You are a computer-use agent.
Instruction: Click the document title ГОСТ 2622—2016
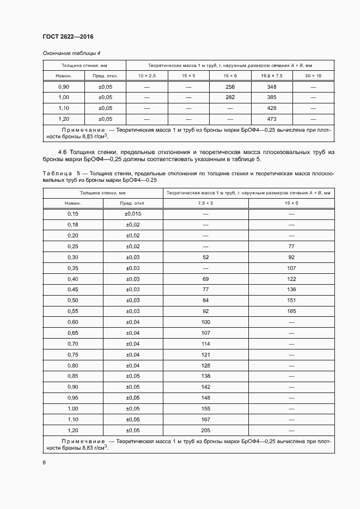68,36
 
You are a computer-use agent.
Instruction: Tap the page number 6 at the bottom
44,462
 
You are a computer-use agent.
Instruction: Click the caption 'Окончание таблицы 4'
71,53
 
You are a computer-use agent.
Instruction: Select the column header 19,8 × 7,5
272,76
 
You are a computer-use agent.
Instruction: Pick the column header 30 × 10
313,76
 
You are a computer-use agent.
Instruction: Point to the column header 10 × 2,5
147,76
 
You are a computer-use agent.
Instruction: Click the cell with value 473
272,119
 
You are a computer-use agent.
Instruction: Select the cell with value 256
230,87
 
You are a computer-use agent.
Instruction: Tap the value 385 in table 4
272,97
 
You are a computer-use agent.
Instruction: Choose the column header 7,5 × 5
205,203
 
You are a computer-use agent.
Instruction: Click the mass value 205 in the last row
205,430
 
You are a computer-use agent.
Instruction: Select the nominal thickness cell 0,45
73,289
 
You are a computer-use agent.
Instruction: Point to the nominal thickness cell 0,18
73,224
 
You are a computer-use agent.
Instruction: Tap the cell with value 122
291,278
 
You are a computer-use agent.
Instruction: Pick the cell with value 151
291,300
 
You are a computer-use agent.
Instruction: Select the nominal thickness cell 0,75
73,354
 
